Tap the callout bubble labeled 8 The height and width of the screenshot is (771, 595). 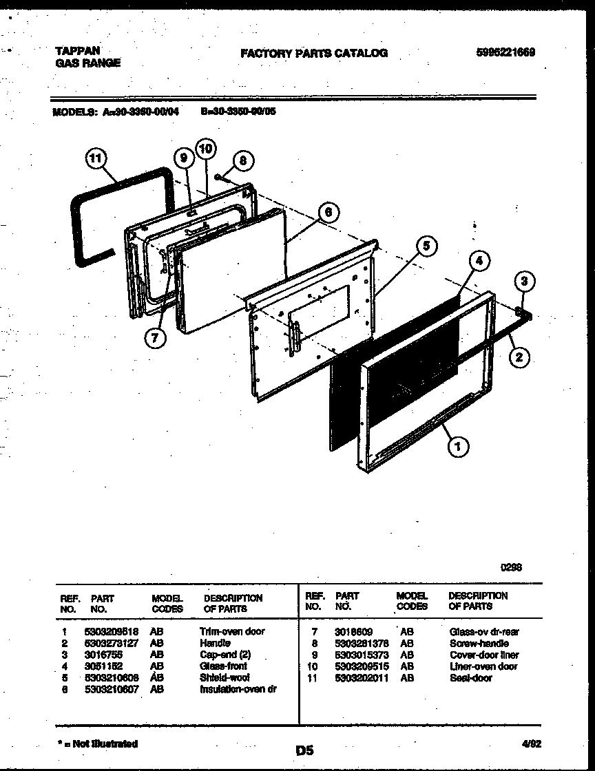242,161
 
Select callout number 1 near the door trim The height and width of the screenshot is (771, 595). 458,447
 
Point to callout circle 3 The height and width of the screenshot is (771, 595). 525,281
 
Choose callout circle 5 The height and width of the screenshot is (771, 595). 426,245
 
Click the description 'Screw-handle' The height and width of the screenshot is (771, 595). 479,643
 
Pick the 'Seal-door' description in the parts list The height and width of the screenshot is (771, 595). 471,678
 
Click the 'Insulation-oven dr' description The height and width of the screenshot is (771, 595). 238,689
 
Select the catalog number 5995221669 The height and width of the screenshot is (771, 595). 505,53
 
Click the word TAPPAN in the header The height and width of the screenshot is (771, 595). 77,51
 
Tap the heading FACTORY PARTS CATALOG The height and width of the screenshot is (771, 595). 313,53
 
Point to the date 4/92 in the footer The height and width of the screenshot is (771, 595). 531,743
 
